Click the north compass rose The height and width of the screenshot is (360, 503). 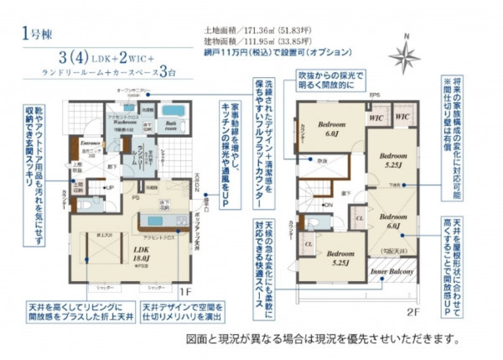pos(405,55)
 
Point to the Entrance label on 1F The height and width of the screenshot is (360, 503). pos(90,144)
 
